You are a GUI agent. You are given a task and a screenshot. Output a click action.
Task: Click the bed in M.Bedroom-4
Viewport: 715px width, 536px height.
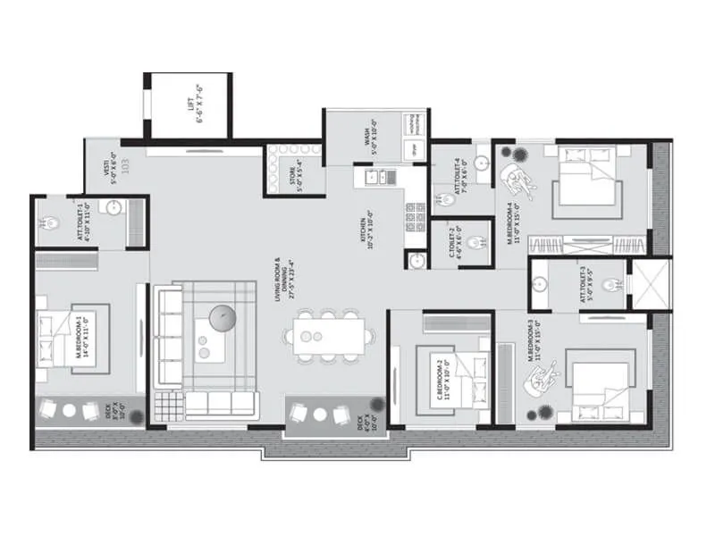pos(585,183)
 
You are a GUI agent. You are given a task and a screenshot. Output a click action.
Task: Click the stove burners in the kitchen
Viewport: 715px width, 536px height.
pos(416,217)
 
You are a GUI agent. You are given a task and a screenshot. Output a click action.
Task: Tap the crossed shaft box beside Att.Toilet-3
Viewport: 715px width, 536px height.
pos(651,285)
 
